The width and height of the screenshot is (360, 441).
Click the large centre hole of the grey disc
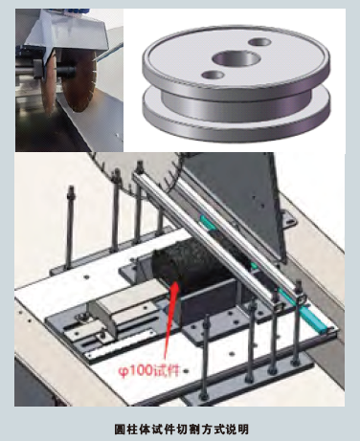tap(236, 58)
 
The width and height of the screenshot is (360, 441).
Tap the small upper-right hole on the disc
tap(259, 42)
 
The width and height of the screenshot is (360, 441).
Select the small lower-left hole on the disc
tap(214, 75)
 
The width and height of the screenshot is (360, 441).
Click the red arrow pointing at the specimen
tap(169, 318)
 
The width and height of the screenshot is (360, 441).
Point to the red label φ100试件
tap(149, 371)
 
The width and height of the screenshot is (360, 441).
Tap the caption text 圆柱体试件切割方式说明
tap(181, 429)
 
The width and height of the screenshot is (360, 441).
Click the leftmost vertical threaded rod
tap(70, 228)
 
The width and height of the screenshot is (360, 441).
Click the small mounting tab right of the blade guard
tap(290, 219)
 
